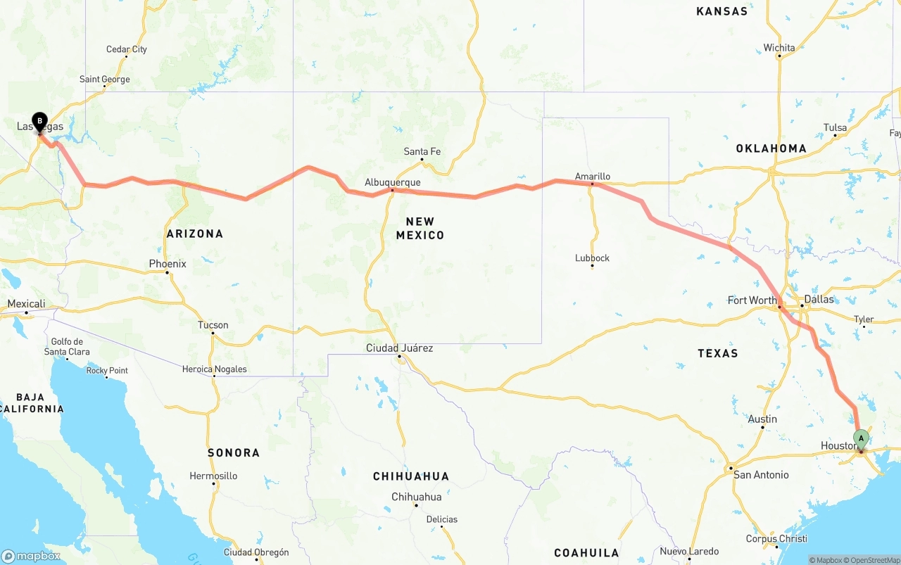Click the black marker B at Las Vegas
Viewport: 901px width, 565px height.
(39, 122)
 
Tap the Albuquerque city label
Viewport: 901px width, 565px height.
(392, 182)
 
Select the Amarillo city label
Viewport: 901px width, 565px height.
(592, 177)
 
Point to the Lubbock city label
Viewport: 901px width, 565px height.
(592, 258)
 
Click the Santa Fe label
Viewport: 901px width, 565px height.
(422, 151)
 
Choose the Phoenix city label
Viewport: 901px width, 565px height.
(168, 264)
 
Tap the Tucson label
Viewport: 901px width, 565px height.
(213, 325)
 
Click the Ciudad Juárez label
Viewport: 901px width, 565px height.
(399, 348)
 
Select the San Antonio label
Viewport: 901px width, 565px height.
(761, 475)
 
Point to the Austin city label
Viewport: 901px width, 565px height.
(762, 419)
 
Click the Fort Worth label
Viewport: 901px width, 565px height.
(752, 300)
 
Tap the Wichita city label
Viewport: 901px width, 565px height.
(779, 48)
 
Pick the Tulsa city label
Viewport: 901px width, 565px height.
(835, 127)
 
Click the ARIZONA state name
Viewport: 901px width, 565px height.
(195, 234)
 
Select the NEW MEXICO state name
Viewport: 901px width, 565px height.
(420, 229)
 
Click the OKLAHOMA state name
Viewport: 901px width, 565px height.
(771, 148)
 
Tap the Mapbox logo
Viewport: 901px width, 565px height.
(31, 556)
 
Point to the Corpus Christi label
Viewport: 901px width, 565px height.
(776, 539)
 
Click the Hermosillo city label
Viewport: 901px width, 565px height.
(213, 476)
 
